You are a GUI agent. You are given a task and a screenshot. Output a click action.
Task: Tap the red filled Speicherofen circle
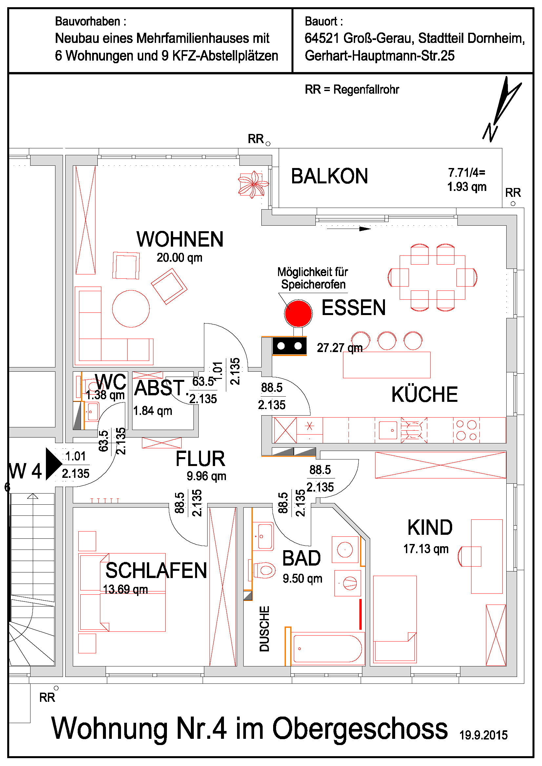point(299,313)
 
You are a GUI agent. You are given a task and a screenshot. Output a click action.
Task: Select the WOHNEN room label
point(180,239)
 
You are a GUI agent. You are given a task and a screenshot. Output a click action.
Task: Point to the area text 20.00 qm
point(180,257)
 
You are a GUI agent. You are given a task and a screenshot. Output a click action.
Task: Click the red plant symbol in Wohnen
point(253,184)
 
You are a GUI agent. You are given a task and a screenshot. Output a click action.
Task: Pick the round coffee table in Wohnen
point(131,308)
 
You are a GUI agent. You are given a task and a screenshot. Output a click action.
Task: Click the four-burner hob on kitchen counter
point(467,430)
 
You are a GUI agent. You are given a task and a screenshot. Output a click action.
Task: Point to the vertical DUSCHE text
point(264,628)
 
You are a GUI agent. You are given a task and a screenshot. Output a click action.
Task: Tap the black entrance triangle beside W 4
point(53,464)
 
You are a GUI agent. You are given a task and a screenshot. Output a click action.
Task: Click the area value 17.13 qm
point(426,549)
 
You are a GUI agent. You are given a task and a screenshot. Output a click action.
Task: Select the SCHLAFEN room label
point(156,570)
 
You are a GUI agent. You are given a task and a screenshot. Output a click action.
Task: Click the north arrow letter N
point(490,132)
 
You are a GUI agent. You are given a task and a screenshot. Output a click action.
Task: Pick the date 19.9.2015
point(483,735)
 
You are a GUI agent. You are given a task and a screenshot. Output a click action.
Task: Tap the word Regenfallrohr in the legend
point(366,89)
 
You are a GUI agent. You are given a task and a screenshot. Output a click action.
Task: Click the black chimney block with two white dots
point(289,346)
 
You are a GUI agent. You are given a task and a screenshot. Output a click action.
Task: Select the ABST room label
point(159,388)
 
